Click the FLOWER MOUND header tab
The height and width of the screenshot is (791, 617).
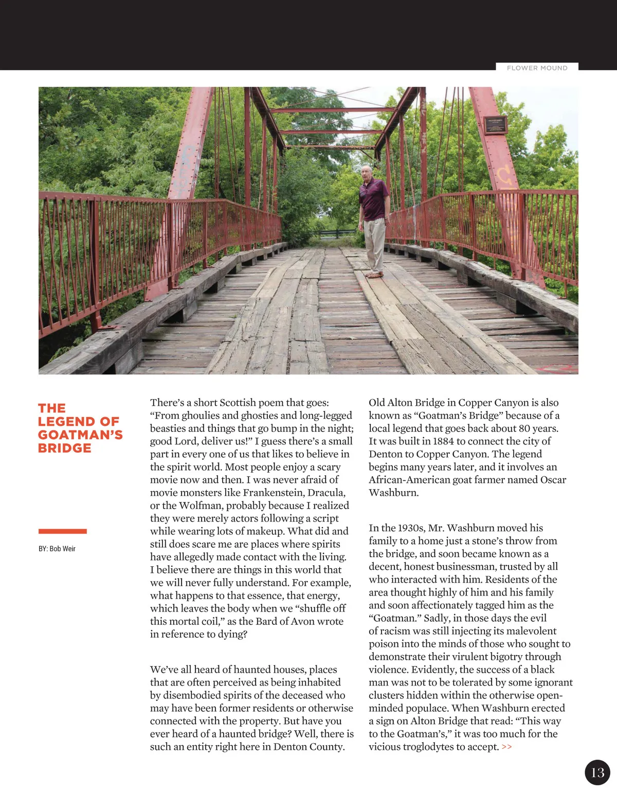[537, 68]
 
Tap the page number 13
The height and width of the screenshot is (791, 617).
[597, 772]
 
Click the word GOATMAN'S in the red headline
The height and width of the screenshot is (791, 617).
[80, 435]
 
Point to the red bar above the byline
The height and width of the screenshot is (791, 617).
[62, 531]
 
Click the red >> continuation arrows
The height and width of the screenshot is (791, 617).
[506, 747]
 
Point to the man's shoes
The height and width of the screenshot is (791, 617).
[375, 275]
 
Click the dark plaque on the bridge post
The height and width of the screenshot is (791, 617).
[496, 125]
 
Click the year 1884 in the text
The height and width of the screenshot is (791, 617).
[443, 441]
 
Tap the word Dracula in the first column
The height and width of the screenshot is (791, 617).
[326, 493]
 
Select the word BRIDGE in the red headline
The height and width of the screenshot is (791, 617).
[65, 448]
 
